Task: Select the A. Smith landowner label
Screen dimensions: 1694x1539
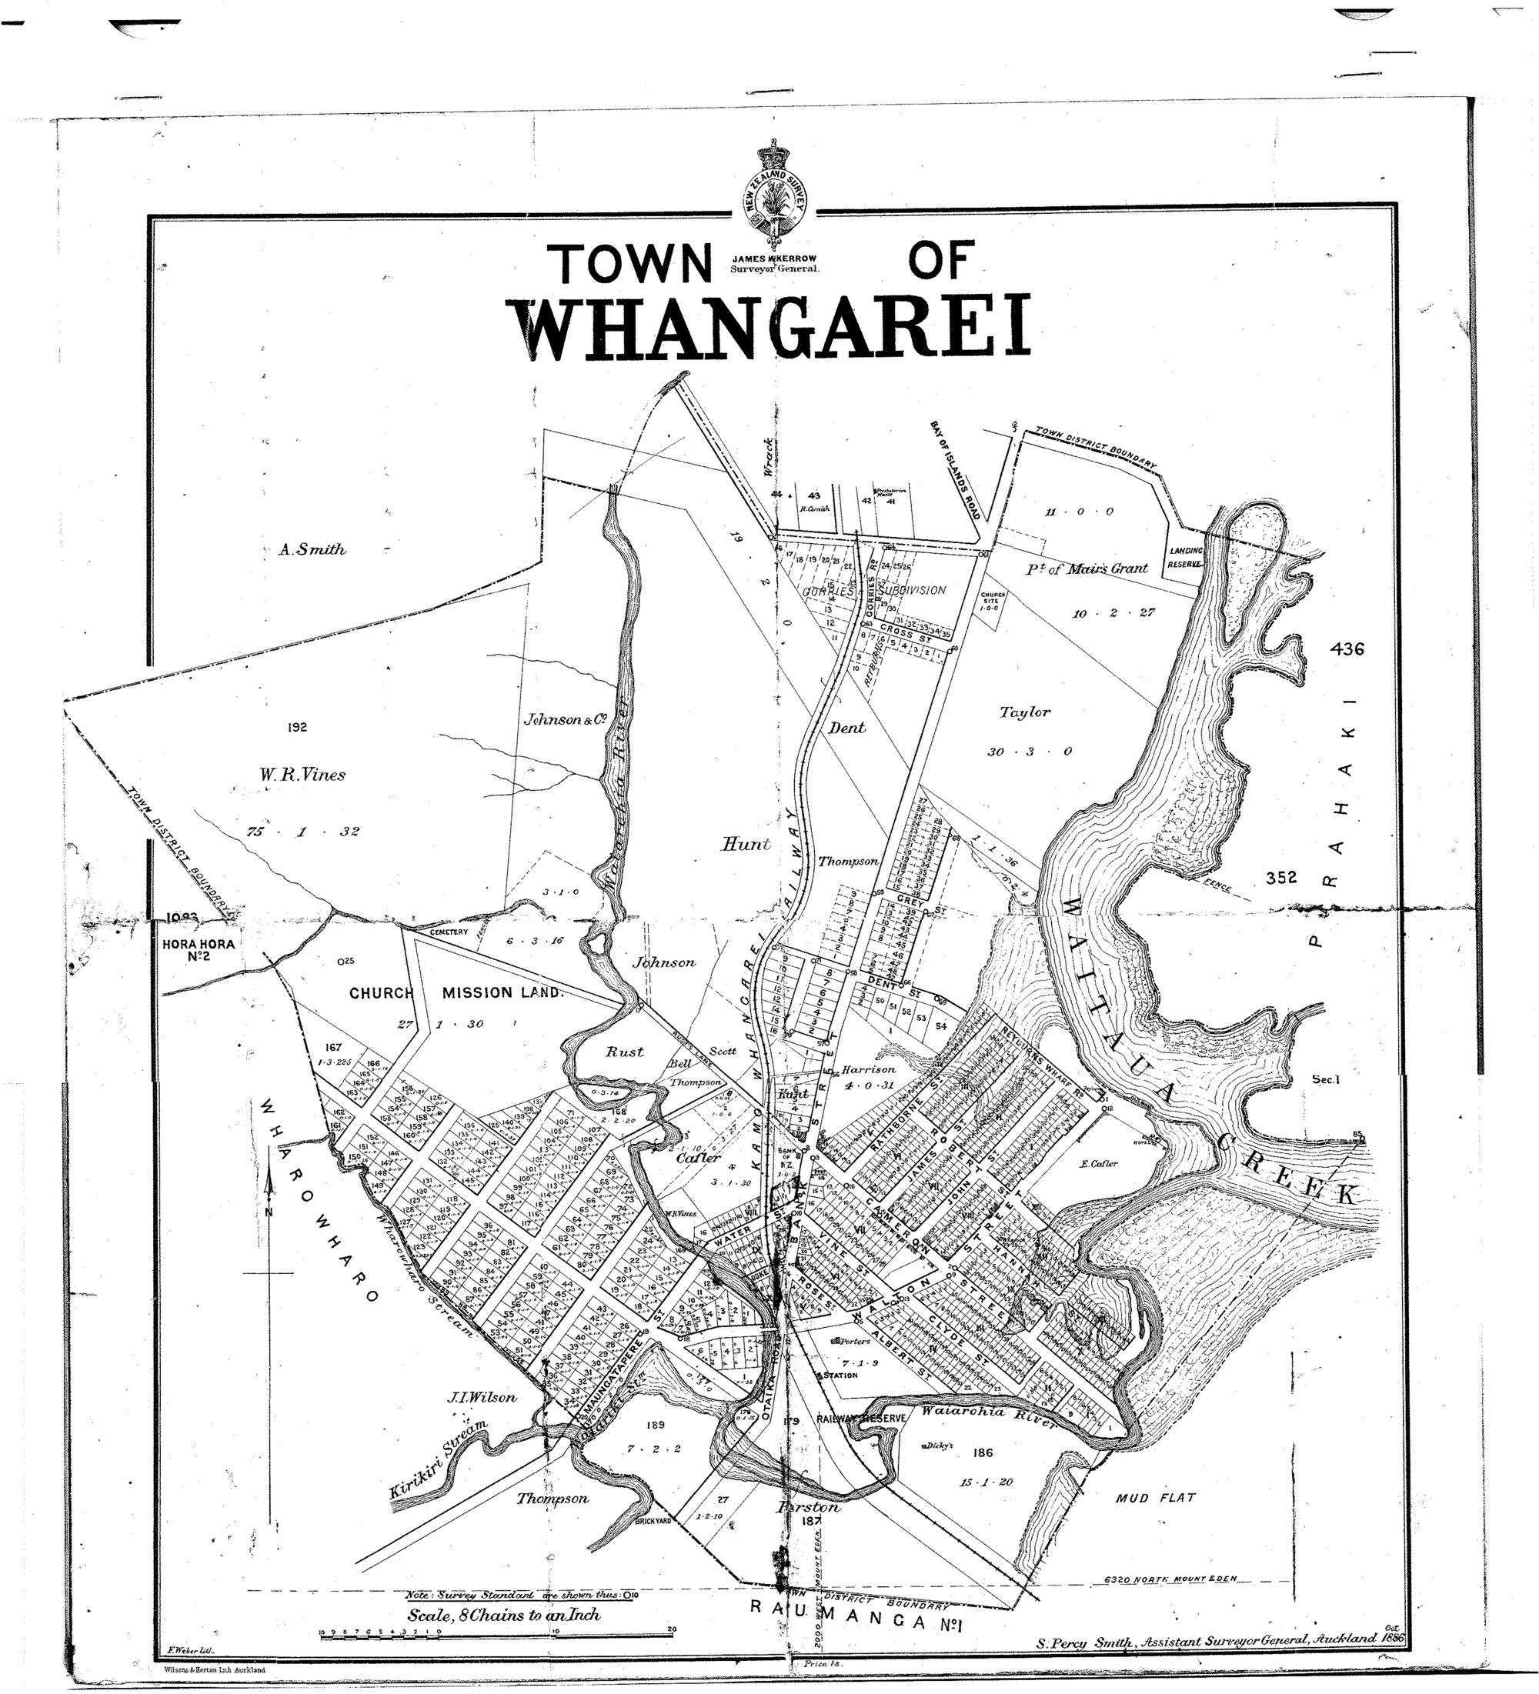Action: tap(312, 549)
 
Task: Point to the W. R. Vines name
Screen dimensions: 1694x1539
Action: tap(302, 775)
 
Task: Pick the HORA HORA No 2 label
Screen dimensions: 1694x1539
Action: tap(199, 949)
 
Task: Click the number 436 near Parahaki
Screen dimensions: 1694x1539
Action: tap(1347, 649)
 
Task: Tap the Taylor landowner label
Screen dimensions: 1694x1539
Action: tap(1025, 712)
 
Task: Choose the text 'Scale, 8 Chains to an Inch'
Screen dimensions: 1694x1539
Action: tap(503, 1615)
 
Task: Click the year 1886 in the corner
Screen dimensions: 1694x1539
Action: tap(1392, 1638)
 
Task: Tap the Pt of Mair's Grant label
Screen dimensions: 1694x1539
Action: tap(1086, 568)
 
